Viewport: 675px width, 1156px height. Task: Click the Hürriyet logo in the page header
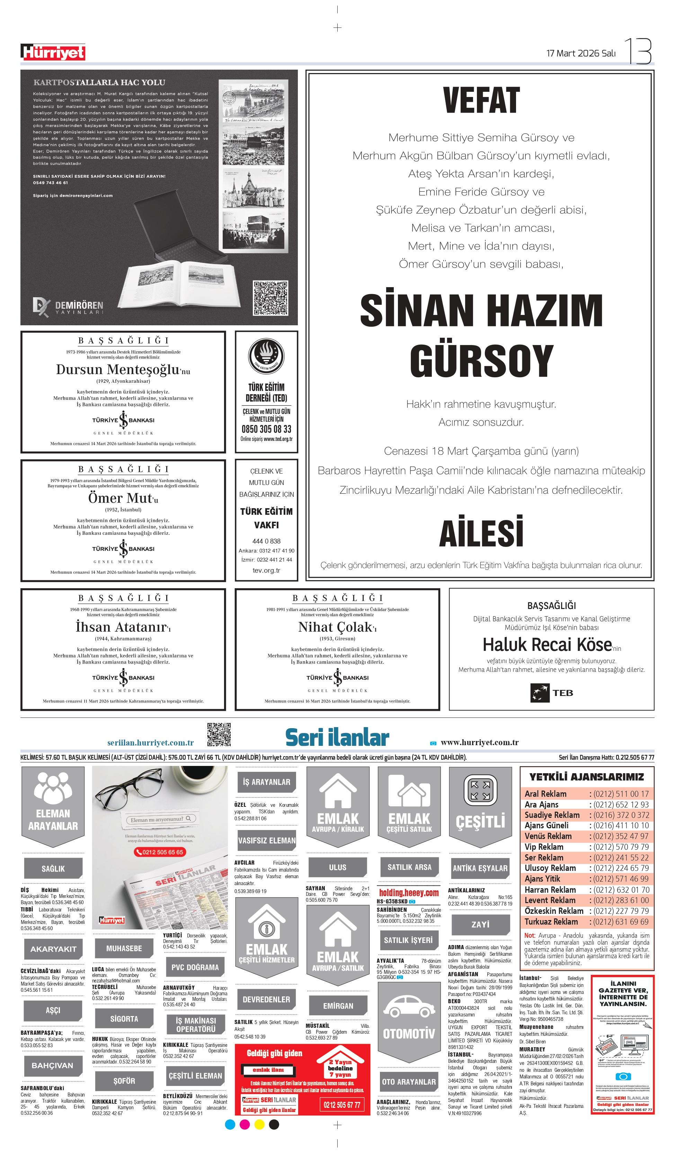tap(53, 52)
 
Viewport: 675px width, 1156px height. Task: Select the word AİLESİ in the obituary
tap(481, 532)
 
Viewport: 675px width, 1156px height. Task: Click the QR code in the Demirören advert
tap(270, 299)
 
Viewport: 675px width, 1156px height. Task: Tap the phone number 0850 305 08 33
tap(266, 429)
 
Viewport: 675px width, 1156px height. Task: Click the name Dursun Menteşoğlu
tap(118, 369)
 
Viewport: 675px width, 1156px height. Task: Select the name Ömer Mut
tap(120, 498)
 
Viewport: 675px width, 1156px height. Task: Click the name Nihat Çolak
tap(335, 627)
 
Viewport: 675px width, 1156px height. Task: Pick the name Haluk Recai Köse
tap(547, 645)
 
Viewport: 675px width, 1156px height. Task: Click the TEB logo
tap(551, 693)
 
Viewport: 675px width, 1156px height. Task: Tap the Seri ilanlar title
tap(337, 738)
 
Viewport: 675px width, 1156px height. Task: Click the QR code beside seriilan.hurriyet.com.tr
tap(219, 734)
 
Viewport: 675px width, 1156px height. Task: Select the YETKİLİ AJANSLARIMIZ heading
tap(586, 777)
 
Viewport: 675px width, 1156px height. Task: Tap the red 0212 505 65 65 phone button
tap(159, 852)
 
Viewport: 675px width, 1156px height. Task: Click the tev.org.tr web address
tap(266, 570)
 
